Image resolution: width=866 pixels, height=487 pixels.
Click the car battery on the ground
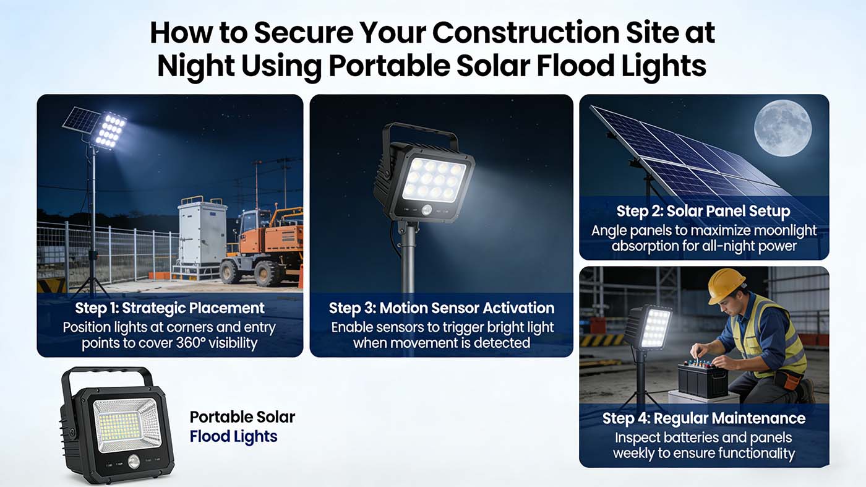[x=702, y=379]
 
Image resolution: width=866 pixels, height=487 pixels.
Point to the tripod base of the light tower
[x=92, y=282]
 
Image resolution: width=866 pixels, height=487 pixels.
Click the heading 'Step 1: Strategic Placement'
[x=169, y=308]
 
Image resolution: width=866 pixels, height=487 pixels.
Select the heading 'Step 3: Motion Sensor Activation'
[x=441, y=308]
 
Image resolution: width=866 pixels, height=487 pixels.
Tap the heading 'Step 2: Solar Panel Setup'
[x=703, y=212]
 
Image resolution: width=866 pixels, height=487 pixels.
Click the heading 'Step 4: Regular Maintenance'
[x=703, y=418]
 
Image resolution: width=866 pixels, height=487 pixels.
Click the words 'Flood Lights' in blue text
[x=233, y=437]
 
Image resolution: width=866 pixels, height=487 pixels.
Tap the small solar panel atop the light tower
[x=80, y=119]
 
